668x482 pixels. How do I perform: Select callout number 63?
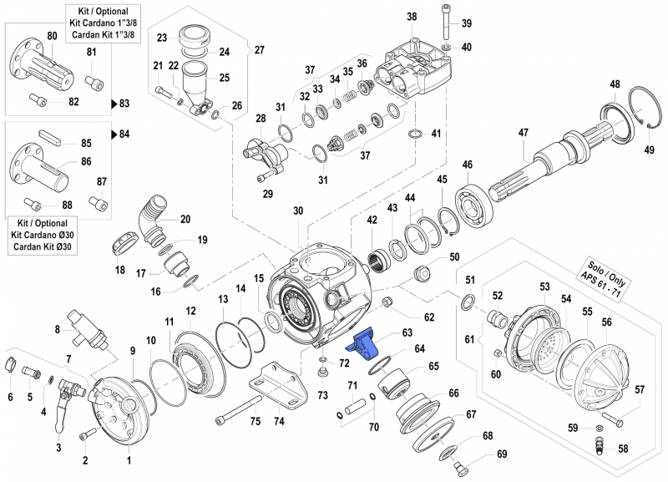(407, 333)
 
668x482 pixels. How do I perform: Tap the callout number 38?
(411, 17)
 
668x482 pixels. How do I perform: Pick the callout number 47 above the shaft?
(524, 133)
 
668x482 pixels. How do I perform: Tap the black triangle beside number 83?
(114, 104)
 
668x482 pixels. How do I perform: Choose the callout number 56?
(606, 322)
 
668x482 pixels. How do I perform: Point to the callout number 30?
(297, 211)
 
